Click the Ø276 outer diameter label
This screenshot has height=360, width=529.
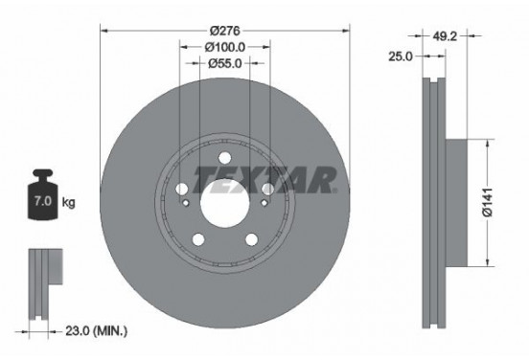point(224,31)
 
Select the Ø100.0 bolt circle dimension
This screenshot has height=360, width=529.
point(224,47)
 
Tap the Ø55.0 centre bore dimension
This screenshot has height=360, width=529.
point(224,63)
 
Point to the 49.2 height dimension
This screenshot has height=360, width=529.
point(445,35)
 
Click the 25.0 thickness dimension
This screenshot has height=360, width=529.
point(401,56)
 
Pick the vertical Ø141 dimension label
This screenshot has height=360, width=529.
point(487,202)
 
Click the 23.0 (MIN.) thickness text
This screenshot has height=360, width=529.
point(96,331)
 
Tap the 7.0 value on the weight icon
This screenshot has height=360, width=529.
point(43,201)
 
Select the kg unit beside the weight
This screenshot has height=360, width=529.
point(68,203)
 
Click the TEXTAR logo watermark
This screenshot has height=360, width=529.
point(264,180)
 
